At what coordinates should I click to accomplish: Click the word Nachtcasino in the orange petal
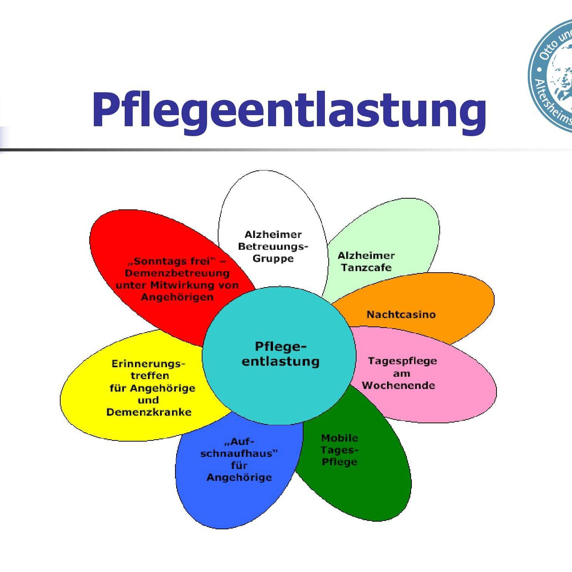coord(401,315)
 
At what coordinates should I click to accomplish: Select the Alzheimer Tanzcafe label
coord(366,262)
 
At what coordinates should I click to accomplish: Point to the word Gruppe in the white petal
coord(273,259)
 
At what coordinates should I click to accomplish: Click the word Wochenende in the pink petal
coord(398,385)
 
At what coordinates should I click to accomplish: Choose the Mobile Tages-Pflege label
coord(339,450)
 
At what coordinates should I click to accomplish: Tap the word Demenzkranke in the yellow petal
coord(149,412)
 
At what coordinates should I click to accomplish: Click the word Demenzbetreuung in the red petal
coord(177,273)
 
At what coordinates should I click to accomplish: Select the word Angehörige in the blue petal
coord(239,477)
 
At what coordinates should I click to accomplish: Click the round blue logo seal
coord(553,76)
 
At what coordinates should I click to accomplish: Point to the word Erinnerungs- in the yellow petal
coord(148,364)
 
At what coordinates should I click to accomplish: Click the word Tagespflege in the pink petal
coord(402,361)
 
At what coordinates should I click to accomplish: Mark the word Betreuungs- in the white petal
coord(273,246)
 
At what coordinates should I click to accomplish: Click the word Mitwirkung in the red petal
coord(182,285)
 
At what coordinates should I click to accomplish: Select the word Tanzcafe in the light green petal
coord(366,268)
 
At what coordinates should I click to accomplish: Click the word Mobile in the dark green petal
coord(339,438)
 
